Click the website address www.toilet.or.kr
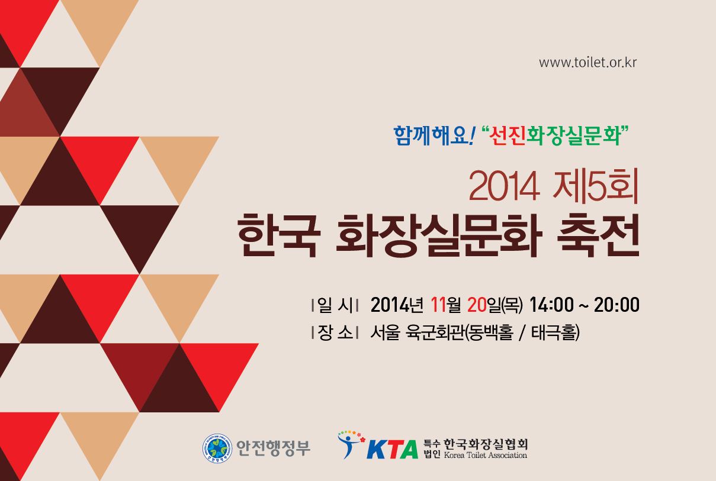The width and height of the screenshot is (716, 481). (587, 62)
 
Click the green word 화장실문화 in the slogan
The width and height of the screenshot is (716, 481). (573, 135)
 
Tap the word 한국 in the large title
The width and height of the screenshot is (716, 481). (278, 235)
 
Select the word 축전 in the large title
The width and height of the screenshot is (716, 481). (598, 235)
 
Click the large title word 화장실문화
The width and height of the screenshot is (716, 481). (439, 235)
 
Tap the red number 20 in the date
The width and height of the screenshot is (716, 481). (477, 305)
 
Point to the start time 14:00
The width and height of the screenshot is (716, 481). (552, 305)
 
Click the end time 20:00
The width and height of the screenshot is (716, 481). (617, 305)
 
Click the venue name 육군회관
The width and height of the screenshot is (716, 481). (435, 333)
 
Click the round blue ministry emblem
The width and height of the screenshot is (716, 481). (217, 448)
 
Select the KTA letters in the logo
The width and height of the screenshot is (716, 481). (393, 449)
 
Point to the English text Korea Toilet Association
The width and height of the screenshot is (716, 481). (486, 455)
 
